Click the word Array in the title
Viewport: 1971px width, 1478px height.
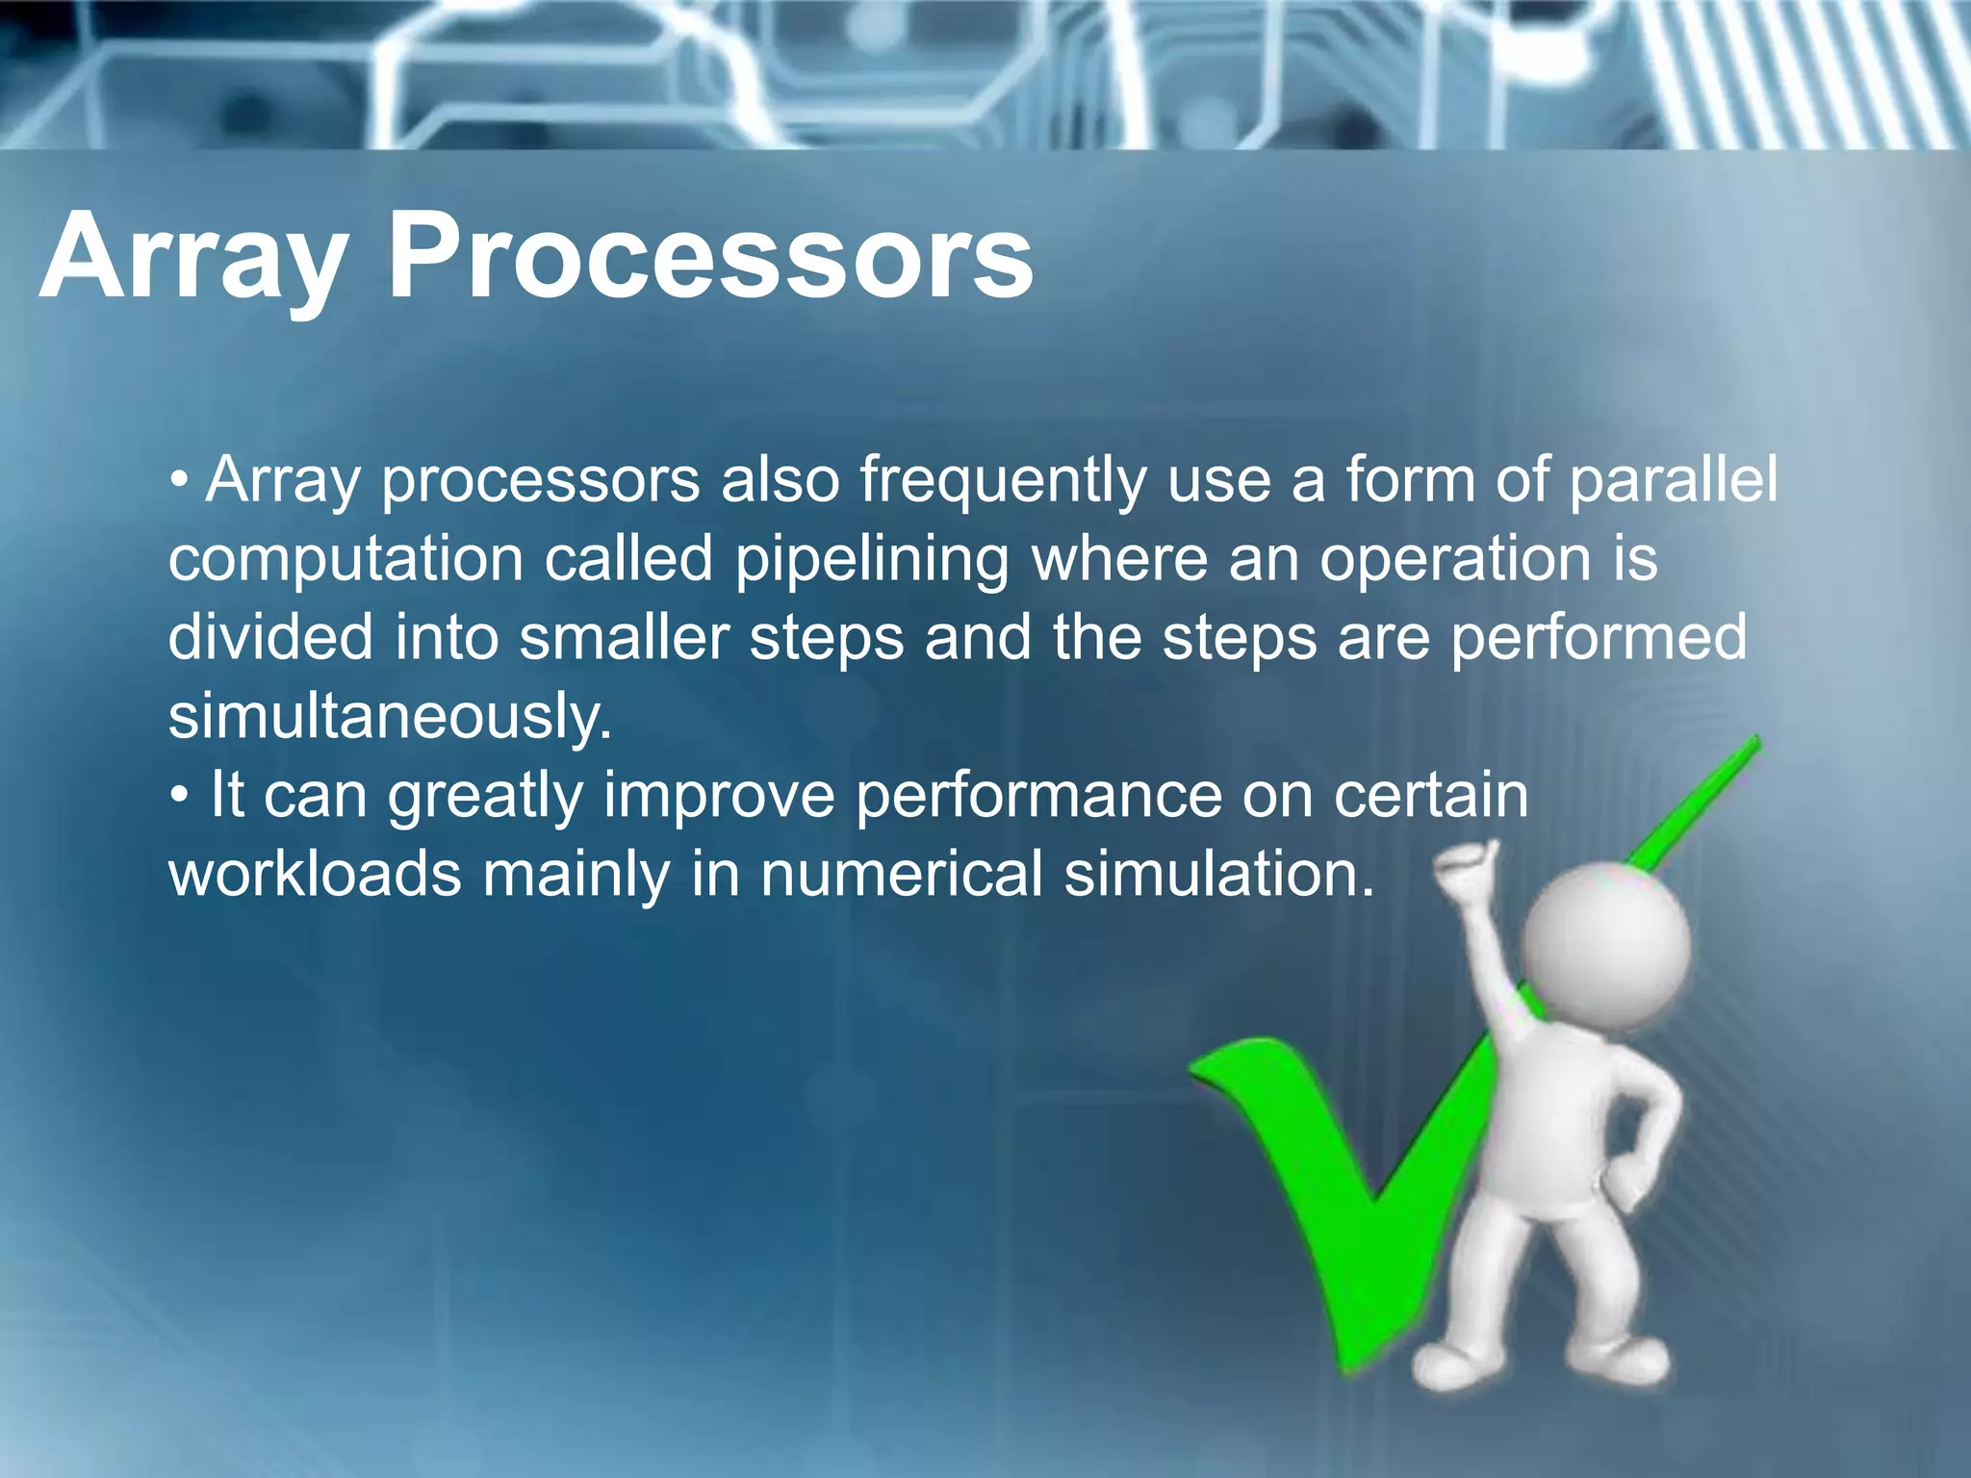[192, 258]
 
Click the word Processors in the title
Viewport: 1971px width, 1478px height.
[710, 258]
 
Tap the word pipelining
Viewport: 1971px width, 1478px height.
[871, 560]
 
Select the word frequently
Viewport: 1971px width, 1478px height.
[1002, 481]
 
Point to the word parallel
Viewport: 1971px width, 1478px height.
[1673, 481]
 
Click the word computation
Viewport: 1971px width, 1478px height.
[345, 560]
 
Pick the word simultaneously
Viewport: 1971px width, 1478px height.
[390, 718]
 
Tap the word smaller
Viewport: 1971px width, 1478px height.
[624, 638]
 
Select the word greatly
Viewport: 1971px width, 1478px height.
[485, 797]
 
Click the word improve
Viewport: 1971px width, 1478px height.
[719, 797]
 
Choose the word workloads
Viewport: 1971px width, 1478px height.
[314, 875]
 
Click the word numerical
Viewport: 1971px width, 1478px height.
[901, 875]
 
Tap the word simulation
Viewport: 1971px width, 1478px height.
[1219, 875]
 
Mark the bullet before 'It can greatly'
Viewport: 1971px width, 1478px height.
[180, 798]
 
